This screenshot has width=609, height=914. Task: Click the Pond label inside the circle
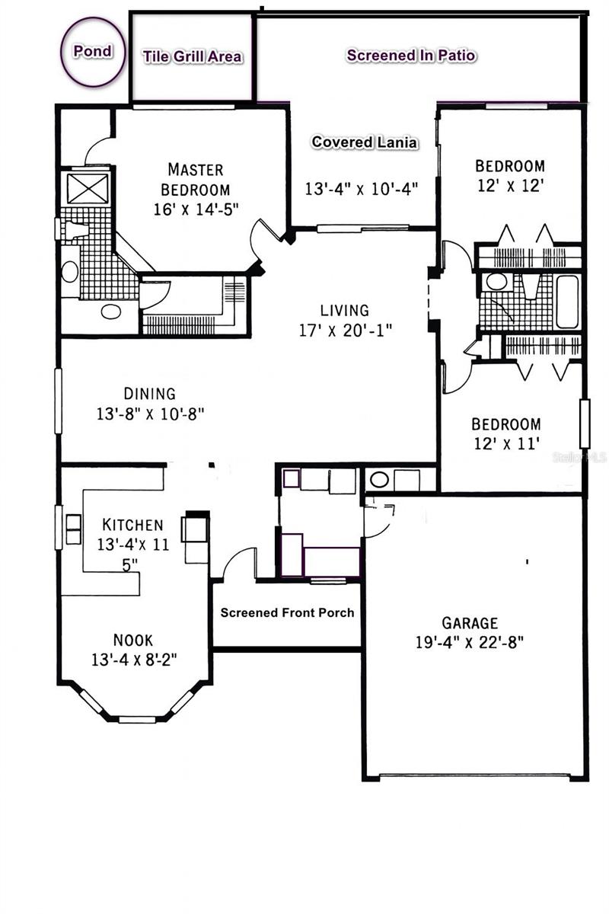pyautogui.click(x=93, y=52)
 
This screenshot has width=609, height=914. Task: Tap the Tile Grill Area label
pyautogui.click(x=192, y=56)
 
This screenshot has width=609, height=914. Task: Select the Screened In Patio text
pyautogui.click(x=411, y=55)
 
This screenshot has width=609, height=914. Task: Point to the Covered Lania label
pyautogui.click(x=364, y=142)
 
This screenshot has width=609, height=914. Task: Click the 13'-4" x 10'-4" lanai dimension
pyautogui.click(x=362, y=189)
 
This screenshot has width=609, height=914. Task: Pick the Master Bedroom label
pyautogui.click(x=196, y=180)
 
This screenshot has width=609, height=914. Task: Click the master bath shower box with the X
pyautogui.click(x=88, y=189)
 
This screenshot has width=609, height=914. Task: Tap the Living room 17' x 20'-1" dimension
pyautogui.click(x=345, y=330)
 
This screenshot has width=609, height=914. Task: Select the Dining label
pyautogui.click(x=150, y=394)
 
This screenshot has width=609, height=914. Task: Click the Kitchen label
pyautogui.click(x=132, y=525)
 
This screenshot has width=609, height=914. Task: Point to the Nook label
pyautogui.click(x=133, y=640)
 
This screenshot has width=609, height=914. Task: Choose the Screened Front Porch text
pyautogui.click(x=287, y=612)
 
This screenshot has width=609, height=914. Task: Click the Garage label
pyautogui.click(x=470, y=623)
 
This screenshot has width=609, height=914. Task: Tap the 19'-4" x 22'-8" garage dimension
pyautogui.click(x=469, y=642)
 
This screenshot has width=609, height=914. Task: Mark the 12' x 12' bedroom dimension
pyautogui.click(x=510, y=186)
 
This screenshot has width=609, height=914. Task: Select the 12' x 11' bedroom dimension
pyautogui.click(x=507, y=443)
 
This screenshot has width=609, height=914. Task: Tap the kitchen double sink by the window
pyautogui.click(x=73, y=529)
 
